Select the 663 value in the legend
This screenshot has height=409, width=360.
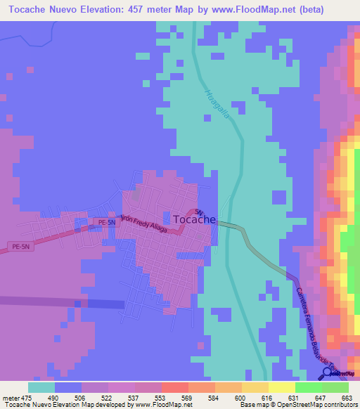(346, 398)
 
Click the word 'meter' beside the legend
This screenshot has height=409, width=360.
(11, 398)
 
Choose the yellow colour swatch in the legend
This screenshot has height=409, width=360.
(281, 387)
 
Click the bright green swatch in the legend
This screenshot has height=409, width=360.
(308, 387)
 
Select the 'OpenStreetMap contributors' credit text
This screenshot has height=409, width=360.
(316, 405)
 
